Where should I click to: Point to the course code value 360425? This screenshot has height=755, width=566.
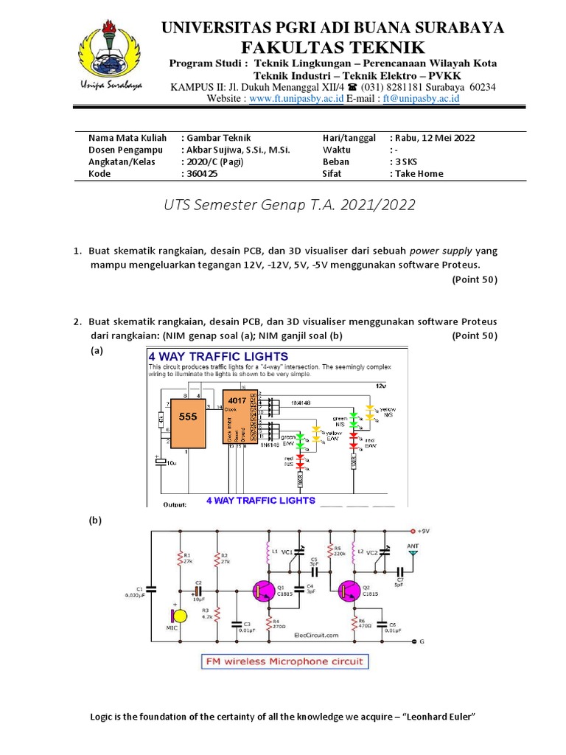point(202,174)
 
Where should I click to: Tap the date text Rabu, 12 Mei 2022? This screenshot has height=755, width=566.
point(435,138)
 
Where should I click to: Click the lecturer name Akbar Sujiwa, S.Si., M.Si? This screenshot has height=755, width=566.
point(238,150)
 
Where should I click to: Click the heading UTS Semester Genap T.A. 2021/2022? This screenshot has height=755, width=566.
point(290,204)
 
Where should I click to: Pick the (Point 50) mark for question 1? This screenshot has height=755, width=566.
point(474,279)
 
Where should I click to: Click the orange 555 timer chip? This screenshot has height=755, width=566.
point(188,417)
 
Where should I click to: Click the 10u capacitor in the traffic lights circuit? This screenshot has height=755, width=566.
point(160,462)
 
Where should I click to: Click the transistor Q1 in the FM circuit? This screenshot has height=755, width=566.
point(262,591)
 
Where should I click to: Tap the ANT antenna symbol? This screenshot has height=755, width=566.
point(413,549)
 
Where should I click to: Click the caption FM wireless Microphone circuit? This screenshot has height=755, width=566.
point(285,661)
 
